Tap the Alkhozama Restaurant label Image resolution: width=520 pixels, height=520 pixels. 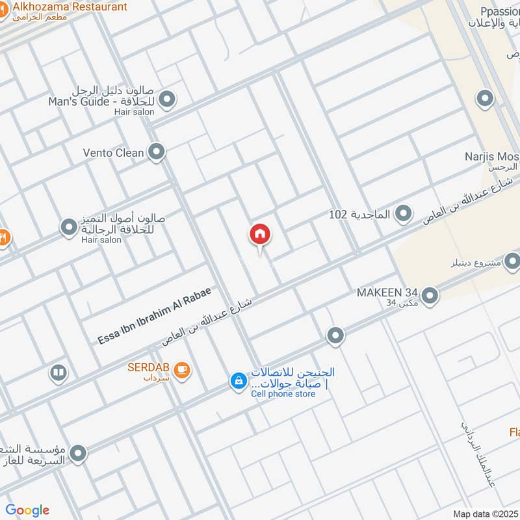click(x=70, y=7)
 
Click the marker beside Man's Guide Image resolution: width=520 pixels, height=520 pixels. click(x=168, y=99)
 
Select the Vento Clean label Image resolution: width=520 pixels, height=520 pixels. click(x=113, y=153)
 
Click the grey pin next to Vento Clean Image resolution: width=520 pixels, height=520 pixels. click(x=156, y=153)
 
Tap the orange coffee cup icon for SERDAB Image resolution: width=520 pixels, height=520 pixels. click(x=183, y=369)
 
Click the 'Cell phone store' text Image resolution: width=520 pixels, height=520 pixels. click(x=283, y=394)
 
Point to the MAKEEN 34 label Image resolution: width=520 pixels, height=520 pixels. click(x=387, y=292)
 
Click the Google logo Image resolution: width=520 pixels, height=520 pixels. click(x=27, y=510)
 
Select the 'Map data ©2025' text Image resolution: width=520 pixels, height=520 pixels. click(x=485, y=513)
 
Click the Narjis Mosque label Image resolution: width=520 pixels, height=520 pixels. click(x=492, y=157)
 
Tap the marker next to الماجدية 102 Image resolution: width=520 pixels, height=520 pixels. click(x=404, y=213)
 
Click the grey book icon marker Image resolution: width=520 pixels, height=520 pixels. click(x=58, y=373)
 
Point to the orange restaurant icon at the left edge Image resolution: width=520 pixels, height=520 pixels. click(x=3, y=238)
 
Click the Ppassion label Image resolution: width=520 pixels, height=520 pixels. click(x=494, y=11)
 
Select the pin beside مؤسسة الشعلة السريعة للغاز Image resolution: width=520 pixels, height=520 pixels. click(x=78, y=454)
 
